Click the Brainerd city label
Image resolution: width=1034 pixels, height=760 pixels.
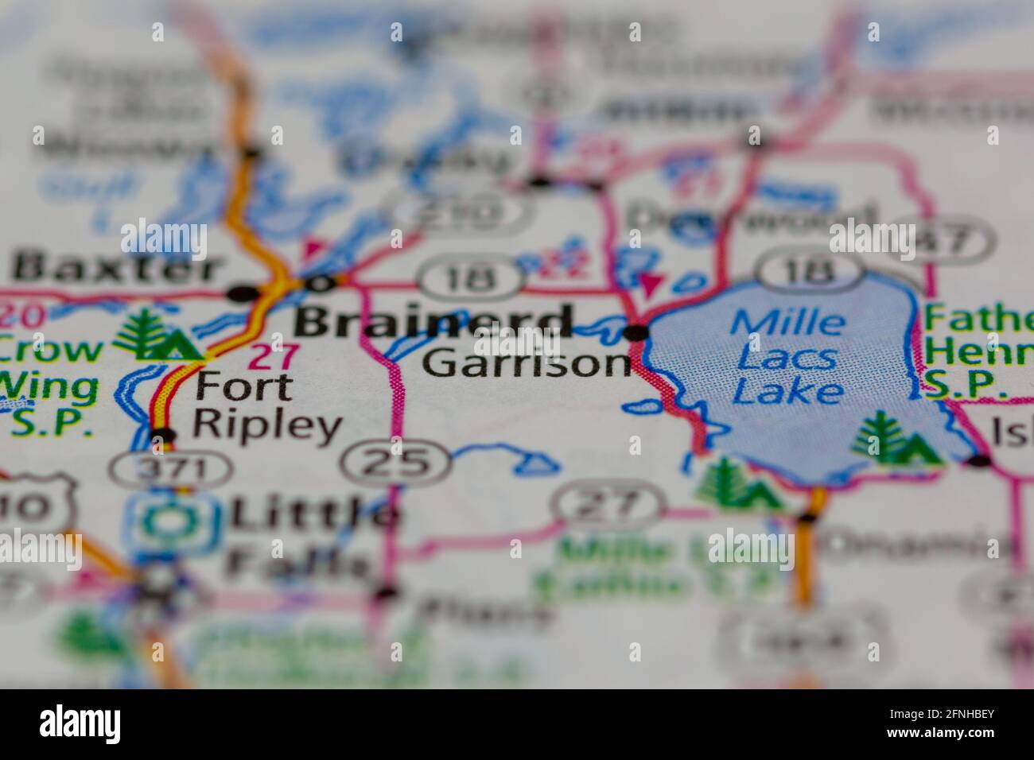pyautogui.click(x=433, y=322)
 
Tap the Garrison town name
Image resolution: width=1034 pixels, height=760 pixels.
pyautogui.click(x=527, y=363)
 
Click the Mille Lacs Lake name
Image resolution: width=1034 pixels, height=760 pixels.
pyautogui.click(x=787, y=357)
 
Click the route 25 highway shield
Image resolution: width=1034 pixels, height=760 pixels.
pyautogui.click(x=396, y=461)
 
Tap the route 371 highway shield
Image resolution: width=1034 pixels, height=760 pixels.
pyautogui.click(x=170, y=469)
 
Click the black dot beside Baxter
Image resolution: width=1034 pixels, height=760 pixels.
pyautogui.click(x=240, y=294)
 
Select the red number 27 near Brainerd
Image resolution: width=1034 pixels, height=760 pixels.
pyautogui.click(x=274, y=356)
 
